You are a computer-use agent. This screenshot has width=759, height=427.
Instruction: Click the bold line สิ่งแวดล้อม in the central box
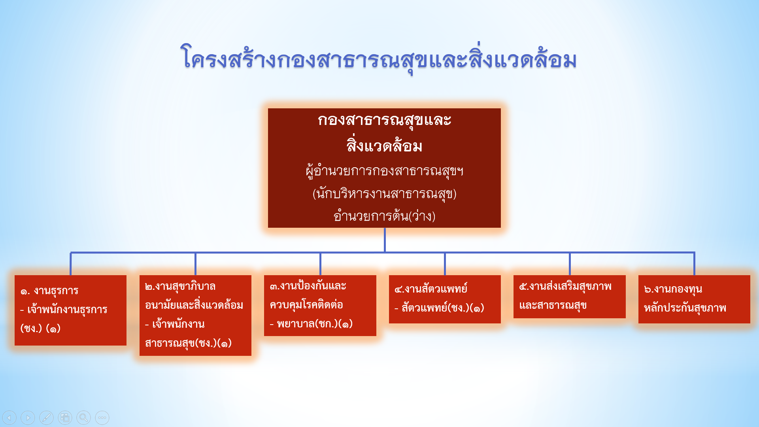[384, 145]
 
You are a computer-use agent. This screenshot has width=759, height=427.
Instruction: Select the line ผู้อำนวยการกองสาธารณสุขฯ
[384, 171]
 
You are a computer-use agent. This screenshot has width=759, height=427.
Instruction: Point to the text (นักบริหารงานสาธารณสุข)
[384, 194]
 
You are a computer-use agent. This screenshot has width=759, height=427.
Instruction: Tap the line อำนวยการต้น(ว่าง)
[384, 216]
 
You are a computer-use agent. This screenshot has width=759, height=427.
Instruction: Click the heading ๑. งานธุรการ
[49, 291]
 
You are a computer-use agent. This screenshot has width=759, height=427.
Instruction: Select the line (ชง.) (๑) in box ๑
[40, 328]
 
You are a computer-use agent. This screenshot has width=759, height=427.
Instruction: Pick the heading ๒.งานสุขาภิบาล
[180, 286]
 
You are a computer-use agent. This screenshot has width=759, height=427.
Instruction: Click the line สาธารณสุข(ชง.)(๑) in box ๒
[188, 343]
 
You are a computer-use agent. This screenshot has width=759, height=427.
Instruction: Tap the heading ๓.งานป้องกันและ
[308, 285]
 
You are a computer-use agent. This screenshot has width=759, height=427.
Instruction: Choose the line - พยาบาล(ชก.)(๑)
[311, 324]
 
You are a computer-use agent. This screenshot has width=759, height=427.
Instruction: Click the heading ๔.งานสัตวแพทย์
[431, 289]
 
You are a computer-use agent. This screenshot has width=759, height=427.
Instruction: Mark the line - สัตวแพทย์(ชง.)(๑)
[439, 308]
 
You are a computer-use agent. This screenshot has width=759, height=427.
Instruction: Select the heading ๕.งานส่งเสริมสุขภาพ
[565, 286]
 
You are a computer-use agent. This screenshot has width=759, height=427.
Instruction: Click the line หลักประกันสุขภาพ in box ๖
[685, 308]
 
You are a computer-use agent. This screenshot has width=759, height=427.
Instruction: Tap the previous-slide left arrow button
[9, 418]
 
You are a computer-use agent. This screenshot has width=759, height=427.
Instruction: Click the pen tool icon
[46, 418]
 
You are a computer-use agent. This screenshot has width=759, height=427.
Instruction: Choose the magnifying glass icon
[83, 418]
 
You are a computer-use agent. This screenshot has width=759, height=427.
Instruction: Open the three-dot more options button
[102, 418]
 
